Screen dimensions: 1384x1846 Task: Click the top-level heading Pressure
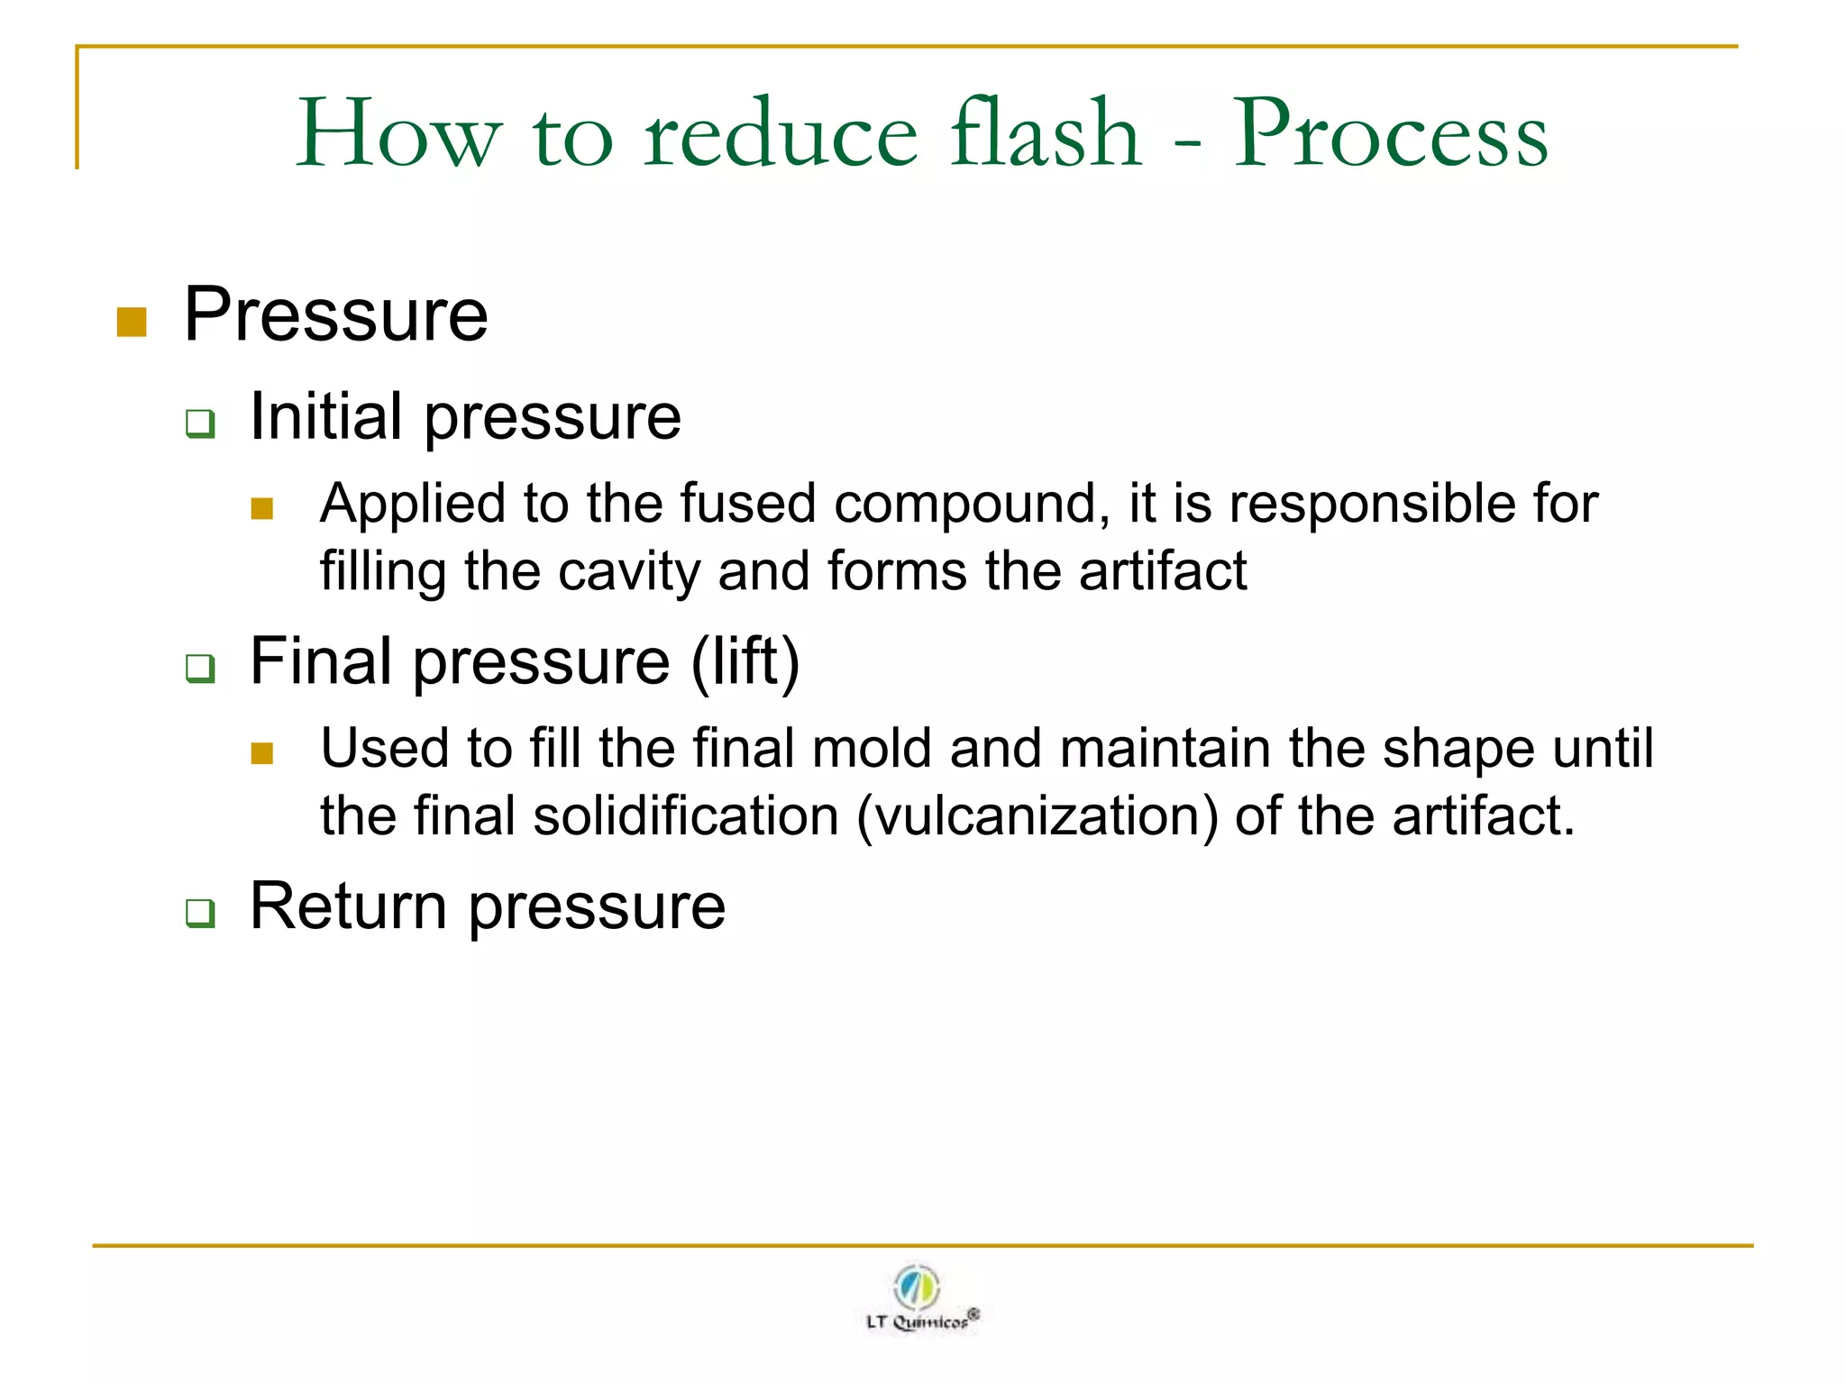(x=335, y=314)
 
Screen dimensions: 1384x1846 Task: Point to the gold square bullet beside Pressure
(x=132, y=322)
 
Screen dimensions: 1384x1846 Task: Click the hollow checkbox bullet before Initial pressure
(x=200, y=423)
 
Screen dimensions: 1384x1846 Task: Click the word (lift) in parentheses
(x=745, y=661)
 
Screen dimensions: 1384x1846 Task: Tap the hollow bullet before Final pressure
(x=200, y=669)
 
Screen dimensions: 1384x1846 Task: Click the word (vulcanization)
(x=1037, y=816)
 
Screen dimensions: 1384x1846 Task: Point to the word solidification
(x=686, y=816)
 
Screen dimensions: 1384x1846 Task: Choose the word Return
(x=348, y=906)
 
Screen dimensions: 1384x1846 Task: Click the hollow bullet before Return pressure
(x=200, y=913)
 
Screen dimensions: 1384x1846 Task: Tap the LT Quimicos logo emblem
(x=918, y=1287)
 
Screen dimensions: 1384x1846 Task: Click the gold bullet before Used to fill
(x=262, y=753)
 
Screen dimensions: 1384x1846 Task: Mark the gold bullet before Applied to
(x=262, y=509)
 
